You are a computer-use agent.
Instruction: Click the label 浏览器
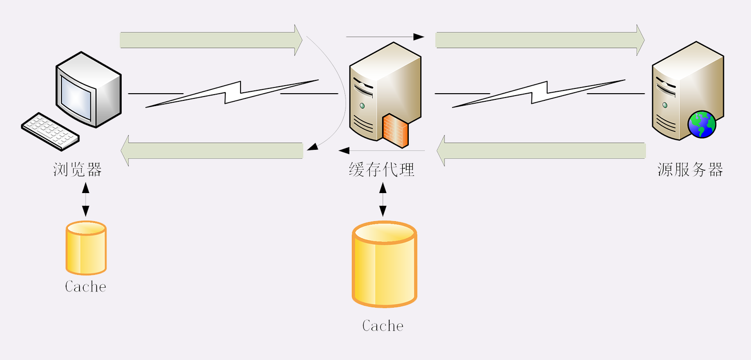coord(77,169)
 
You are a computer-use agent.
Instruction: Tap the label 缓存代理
coord(382,169)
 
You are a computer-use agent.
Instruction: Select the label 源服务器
coord(690,169)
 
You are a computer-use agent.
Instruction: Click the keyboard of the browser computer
coord(50,131)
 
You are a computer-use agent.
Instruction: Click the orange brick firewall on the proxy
coord(395,130)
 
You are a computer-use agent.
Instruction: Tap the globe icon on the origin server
coord(702,124)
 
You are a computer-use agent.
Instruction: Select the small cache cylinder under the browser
coord(86,248)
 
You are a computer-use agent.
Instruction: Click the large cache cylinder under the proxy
coord(385,264)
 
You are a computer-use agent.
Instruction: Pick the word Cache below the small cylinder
coord(86,287)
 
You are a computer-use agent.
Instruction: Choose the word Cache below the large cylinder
coord(383,326)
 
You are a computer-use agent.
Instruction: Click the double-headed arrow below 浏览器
coord(86,200)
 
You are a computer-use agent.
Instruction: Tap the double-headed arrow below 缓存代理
coord(383,200)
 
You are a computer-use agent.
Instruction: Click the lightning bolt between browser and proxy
coord(232,93)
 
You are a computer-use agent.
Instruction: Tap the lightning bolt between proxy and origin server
coord(539,93)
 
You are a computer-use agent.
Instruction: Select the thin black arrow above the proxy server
coord(385,37)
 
